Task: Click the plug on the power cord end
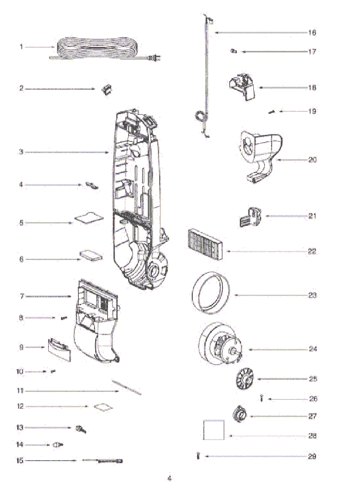coord(154,58)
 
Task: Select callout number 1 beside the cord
coord(21,47)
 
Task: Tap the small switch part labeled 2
coord(107,90)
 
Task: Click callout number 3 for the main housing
coord(21,152)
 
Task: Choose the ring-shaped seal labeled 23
coord(193,293)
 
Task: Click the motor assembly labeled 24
coord(220,342)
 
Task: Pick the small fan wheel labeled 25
coord(244,379)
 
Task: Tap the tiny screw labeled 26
coord(262,398)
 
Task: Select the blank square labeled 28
coord(214,430)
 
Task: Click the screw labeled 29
coord(198,455)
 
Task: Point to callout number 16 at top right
coord(312,32)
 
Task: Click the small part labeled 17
coord(234,51)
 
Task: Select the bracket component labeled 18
coord(242,87)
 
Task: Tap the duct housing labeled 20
coord(261,155)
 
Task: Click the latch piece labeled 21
coord(250,217)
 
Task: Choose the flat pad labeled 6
coord(91,256)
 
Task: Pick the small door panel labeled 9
coord(59,350)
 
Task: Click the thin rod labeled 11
coord(126,388)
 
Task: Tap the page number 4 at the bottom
coord(170,479)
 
